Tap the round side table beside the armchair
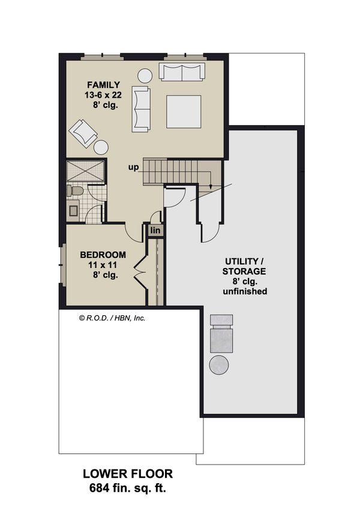101,147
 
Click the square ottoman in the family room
184,112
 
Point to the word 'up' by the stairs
133,167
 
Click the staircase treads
174,171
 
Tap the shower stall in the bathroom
85,171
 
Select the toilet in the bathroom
75,191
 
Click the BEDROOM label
103,254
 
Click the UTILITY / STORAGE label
246,266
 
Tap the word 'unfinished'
246,291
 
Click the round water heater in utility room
218,365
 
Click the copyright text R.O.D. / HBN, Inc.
112,318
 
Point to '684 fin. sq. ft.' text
123,487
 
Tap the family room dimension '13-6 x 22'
103,95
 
